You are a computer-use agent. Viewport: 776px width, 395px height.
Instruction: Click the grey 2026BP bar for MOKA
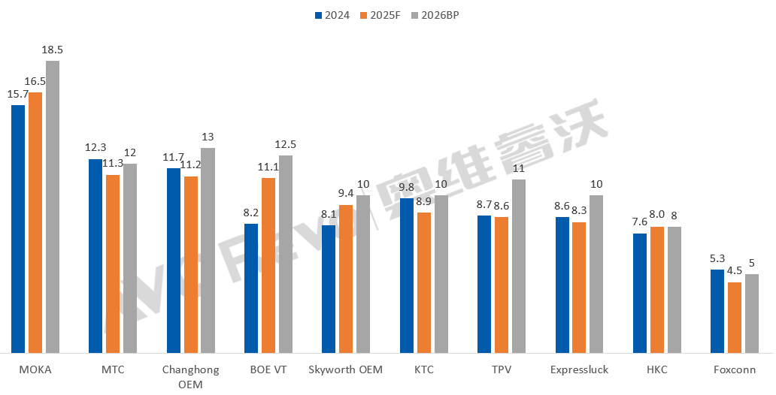(53, 207)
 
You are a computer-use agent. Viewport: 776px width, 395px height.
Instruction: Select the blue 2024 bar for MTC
(95, 255)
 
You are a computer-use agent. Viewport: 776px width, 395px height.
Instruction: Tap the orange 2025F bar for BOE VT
(268, 265)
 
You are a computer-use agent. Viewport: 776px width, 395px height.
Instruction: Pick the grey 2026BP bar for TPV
(519, 266)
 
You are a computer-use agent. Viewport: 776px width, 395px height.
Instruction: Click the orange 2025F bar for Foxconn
(735, 317)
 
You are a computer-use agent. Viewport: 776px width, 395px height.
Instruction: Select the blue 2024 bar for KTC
(407, 276)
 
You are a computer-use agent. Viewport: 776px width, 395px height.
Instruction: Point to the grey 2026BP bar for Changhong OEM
(208, 250)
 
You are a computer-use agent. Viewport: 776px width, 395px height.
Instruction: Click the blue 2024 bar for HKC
(640, 293)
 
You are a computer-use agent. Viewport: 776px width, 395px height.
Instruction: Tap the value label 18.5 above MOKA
(53, 50)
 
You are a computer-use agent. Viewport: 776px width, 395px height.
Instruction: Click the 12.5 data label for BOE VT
(286, 144)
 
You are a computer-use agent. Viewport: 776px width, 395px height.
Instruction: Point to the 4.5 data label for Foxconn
(735, 271)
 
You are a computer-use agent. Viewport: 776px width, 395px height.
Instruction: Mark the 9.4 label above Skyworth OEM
(346, 194)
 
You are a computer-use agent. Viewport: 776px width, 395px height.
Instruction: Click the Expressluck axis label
(579, 369)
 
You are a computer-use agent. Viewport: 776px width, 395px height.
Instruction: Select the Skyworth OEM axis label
(346, 369)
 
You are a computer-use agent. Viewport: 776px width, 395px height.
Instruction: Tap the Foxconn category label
(735, 369)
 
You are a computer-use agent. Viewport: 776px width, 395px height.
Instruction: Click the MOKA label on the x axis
(35, 369)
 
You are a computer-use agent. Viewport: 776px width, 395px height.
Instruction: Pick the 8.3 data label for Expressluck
(579, 211)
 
